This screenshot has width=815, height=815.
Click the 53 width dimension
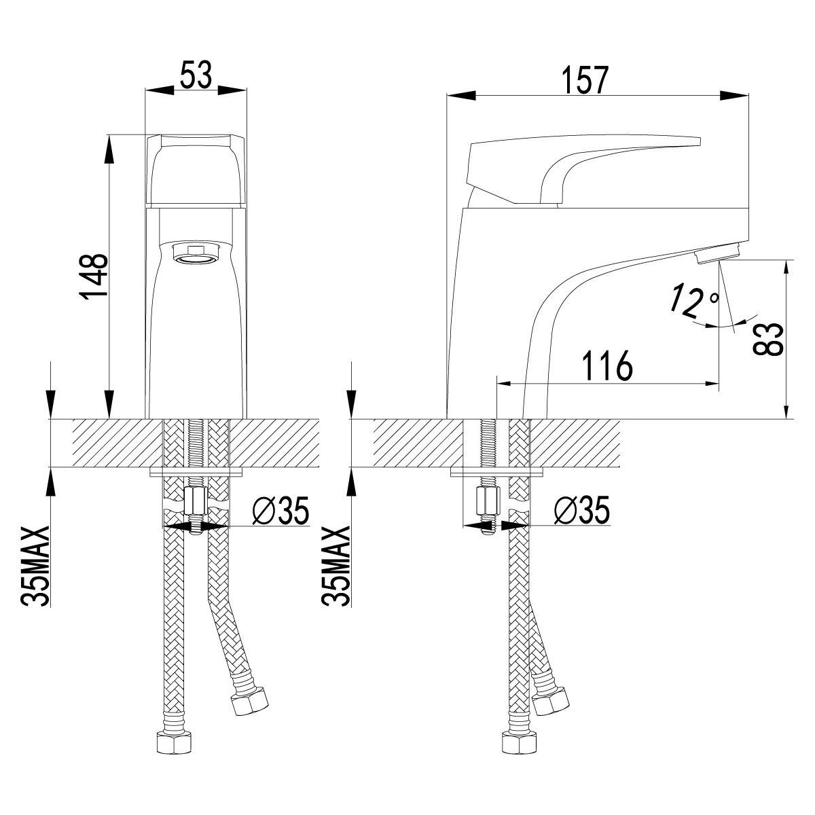[196, 75]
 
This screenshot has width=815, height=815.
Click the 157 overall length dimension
[585, 80]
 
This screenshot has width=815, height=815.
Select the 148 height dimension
[94, 277]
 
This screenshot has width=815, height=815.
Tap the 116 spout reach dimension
[607, 365]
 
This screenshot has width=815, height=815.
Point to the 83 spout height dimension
[768, 339]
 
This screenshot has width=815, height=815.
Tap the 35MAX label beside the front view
[36, 566]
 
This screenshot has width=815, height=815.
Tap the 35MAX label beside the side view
[336, 566]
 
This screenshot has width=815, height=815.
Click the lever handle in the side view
[583, 170]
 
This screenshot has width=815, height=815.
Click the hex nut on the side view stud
[488, 502]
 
